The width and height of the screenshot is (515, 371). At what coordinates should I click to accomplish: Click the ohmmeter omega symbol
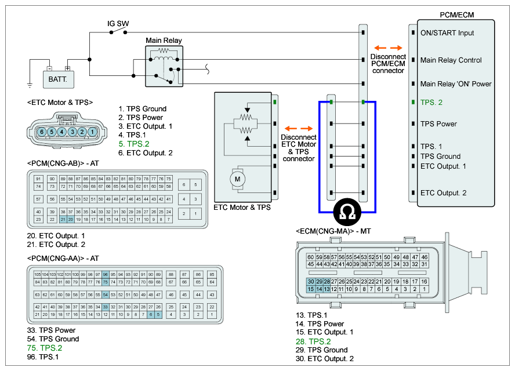click(x=347, y=213)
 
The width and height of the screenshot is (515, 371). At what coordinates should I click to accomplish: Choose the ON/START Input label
click(x=447, y=33)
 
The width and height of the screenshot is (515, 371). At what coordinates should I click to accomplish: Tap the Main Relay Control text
click(x=451, y=60)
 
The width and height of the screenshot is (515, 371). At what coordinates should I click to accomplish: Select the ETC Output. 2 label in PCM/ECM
click(x=444, y=193)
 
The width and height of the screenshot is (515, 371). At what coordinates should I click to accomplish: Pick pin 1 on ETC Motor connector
click(x=93, y=132)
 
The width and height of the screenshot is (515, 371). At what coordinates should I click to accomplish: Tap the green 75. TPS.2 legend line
click(x=45, y=348)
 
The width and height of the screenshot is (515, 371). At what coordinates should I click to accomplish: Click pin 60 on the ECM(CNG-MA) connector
click(x=311, y=257)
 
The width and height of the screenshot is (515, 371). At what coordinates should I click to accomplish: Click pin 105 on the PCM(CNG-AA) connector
click(x=38, y=274)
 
